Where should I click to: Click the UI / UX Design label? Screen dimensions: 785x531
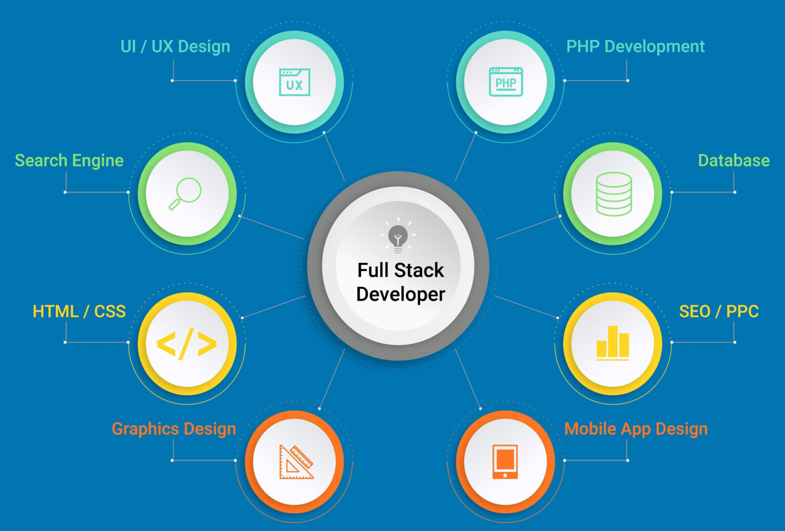tap(175, 47)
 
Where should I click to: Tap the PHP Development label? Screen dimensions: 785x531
tap(635, 47)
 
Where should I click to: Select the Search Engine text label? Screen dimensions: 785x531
tap(69, 161)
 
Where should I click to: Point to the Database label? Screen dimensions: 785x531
tap(734, 161)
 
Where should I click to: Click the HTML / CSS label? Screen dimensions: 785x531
tap(79, 311)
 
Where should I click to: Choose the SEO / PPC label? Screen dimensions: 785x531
tap(719, 311)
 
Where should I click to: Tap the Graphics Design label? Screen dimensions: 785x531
tap(174, 429)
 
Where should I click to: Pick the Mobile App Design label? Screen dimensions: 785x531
tap(636, 429)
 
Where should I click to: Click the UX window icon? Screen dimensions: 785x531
tap(294, 82)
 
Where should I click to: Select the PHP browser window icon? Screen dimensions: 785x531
tap(506, 82)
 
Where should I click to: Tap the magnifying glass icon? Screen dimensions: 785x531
tap(185, 194)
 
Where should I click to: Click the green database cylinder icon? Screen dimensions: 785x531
tap(614, 194)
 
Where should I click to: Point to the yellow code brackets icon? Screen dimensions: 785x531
tap(186, 344)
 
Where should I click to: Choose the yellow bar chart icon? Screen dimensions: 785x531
tap(613, 343)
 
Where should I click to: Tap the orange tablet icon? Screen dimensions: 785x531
tap(505, 461)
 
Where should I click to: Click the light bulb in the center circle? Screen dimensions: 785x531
tap(398, 235)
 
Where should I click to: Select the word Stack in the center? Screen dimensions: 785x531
tap(419, 270)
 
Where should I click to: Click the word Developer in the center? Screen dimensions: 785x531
tap(400, 294)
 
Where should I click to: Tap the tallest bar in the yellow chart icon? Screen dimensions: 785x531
tap(613, 341)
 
